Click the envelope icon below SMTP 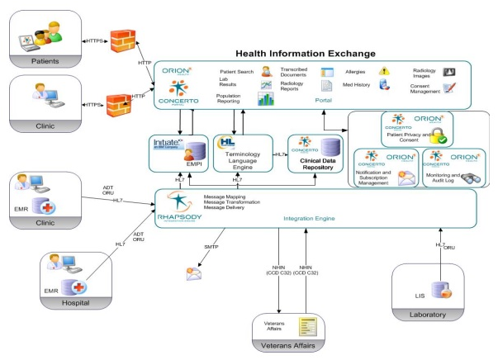click(x=194, y=273)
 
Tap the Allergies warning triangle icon click(x=384, y=73)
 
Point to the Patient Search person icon click(x=267, y=71)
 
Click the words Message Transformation click(x=230, y=203)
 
